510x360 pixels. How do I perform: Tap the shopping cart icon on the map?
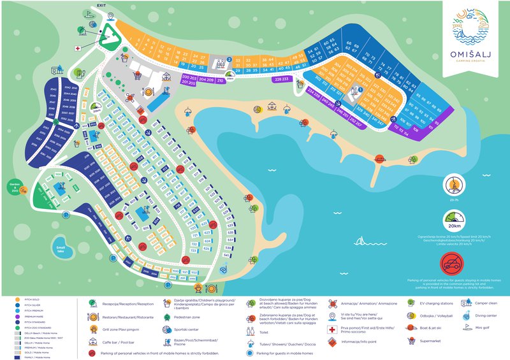tap(136, 75)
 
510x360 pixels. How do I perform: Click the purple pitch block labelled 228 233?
tap(281, 80)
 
